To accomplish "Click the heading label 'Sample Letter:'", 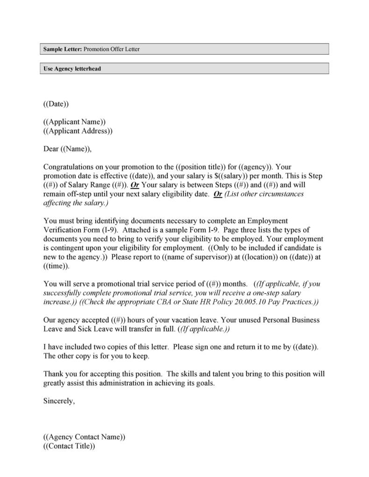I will click(x=63, y=49).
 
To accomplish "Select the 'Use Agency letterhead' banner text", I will click(x=72, y=69).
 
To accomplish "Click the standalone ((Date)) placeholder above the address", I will click(x=56, y=104).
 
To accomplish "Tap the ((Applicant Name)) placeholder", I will click(x=74, y=122).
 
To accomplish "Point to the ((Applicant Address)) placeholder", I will click(x=78, y=131).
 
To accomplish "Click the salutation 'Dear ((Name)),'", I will click(x=67, y=149).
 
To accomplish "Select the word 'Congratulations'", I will click(x=66, y=167).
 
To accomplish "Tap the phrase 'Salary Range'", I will click(x=89, y=185).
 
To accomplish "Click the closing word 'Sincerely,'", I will click(x=59, y=401).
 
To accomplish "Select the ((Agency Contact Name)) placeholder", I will click(x=84, y=437).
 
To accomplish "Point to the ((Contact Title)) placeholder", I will click(x=69, y=446).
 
